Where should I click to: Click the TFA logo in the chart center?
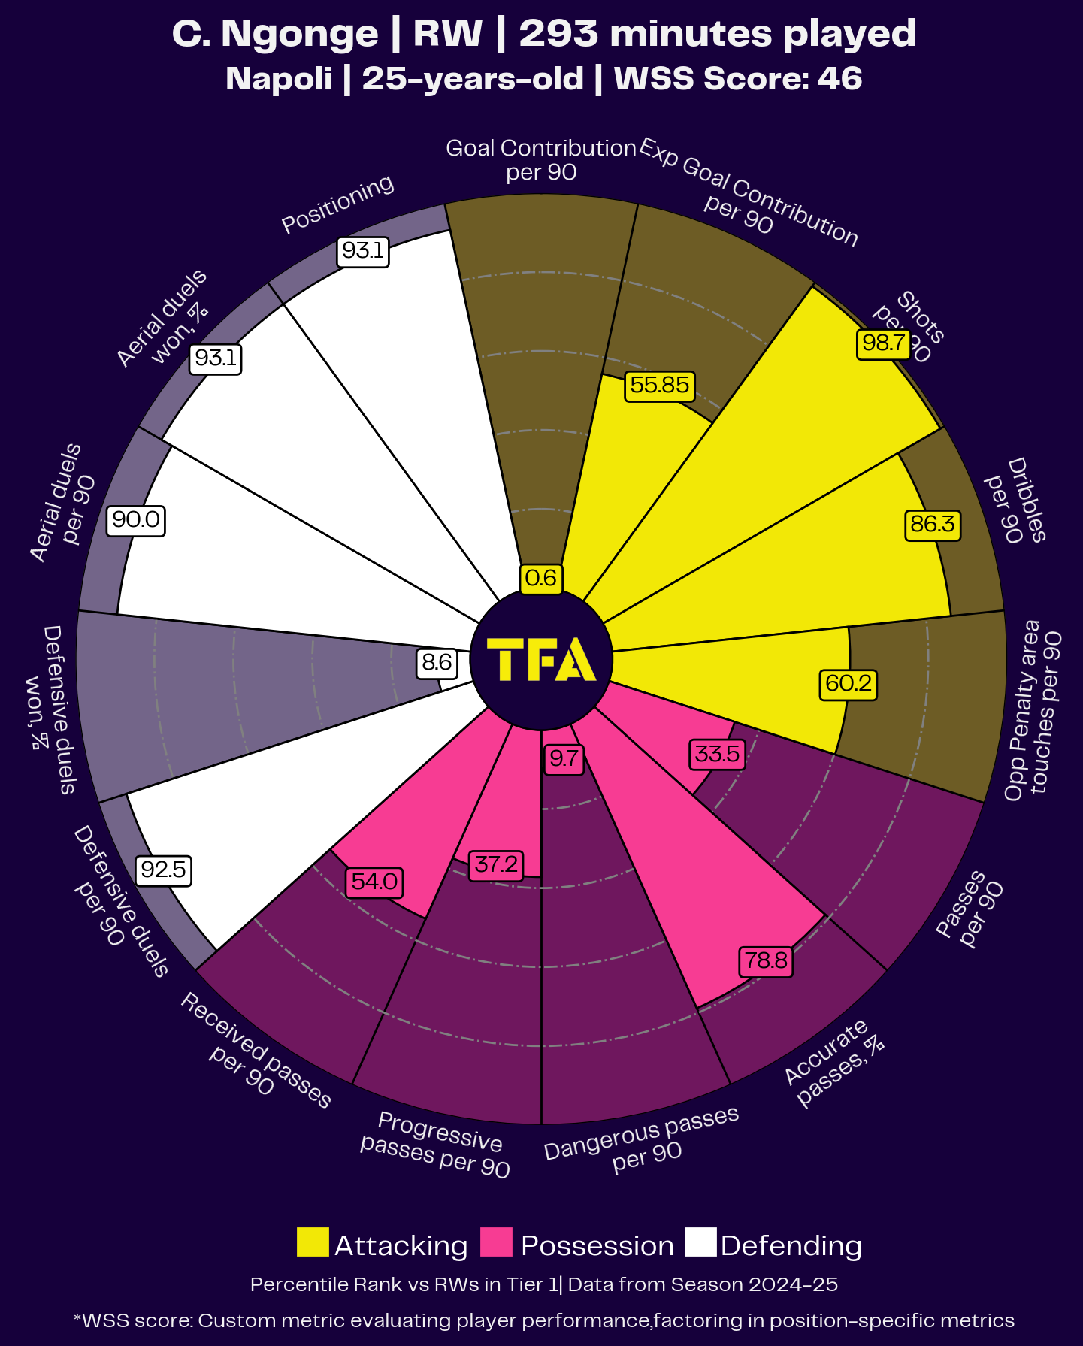[541, 660]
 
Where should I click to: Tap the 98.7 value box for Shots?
[883, 343]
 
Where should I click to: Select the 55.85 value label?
[659, 386]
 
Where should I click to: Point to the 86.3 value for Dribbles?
[932, 524]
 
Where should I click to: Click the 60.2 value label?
[848, 684]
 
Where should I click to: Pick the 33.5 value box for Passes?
[717, 754]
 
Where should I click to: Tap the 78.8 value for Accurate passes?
[766, 961]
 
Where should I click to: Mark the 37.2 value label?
[495, 864]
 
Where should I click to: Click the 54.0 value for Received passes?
[374, 882]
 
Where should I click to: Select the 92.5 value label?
[163, 870]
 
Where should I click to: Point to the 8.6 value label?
[437, 662]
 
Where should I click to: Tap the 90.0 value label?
[135, 519]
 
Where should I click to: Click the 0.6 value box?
[541, 578]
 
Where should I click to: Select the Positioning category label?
[337, 204]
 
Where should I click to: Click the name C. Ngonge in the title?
[275, 34]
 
